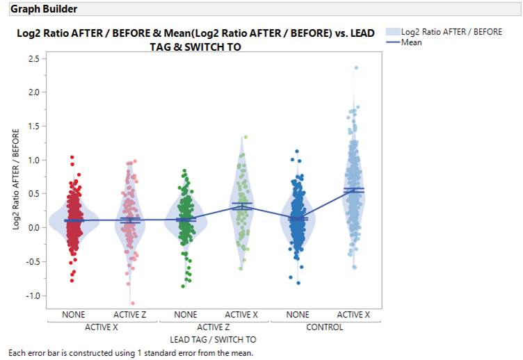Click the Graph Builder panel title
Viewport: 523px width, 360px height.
[44, 9]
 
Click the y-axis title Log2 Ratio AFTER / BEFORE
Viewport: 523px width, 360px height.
[16, 177]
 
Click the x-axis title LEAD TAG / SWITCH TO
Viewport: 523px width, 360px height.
[213, 339]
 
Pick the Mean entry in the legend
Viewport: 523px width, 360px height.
[411, 42]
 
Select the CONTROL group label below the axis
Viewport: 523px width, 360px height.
[324, 327]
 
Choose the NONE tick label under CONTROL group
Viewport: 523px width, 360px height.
[298, 315]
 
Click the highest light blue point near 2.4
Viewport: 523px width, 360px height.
[356, 67]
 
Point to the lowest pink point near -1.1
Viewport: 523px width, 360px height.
[132, 303]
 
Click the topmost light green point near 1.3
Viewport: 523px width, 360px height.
[245, 138]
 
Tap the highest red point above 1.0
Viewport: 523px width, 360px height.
[72, 157]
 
